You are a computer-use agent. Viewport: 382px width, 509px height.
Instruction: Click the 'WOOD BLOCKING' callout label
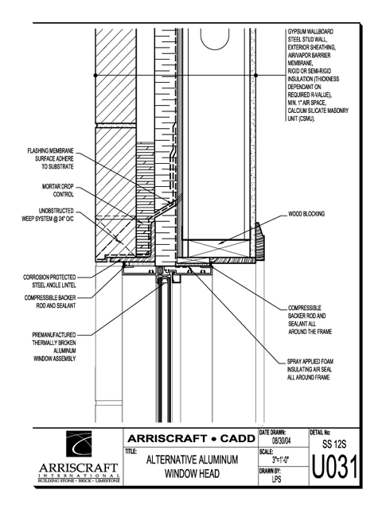306,214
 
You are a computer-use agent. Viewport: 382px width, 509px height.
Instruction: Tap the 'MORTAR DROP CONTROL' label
58,191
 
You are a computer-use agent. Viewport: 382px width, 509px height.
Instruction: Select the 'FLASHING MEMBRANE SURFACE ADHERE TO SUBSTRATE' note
50,159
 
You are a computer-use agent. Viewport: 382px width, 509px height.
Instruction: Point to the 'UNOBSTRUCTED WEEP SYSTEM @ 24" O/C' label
48,215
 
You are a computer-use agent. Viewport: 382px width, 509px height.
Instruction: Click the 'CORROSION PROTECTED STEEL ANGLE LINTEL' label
49,281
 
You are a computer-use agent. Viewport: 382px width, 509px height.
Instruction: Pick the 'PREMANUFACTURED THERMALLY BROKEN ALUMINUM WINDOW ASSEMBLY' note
54,347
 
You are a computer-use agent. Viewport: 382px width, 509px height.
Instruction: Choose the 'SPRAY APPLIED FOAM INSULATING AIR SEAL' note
310,369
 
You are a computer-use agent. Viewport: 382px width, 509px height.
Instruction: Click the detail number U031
334,468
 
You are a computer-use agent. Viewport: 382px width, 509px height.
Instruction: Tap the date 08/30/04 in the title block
281,441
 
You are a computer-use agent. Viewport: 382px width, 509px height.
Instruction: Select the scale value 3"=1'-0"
280,460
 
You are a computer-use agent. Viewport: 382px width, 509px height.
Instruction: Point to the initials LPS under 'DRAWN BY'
276,479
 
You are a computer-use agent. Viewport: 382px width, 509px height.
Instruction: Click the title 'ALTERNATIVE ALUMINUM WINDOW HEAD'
192,467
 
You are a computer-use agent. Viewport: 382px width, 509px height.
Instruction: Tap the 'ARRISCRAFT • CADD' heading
191,438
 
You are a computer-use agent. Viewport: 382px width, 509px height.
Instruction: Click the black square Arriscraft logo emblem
79,444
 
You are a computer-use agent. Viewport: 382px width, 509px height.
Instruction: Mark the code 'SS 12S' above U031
334,444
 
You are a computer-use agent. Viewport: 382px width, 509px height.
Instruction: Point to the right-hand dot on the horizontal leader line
255,76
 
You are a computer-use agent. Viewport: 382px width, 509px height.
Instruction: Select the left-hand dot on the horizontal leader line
95,76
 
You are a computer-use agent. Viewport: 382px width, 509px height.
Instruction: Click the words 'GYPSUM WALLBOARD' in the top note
310,32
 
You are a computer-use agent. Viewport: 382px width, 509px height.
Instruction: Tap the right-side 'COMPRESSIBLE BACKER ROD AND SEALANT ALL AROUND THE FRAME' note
310,320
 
